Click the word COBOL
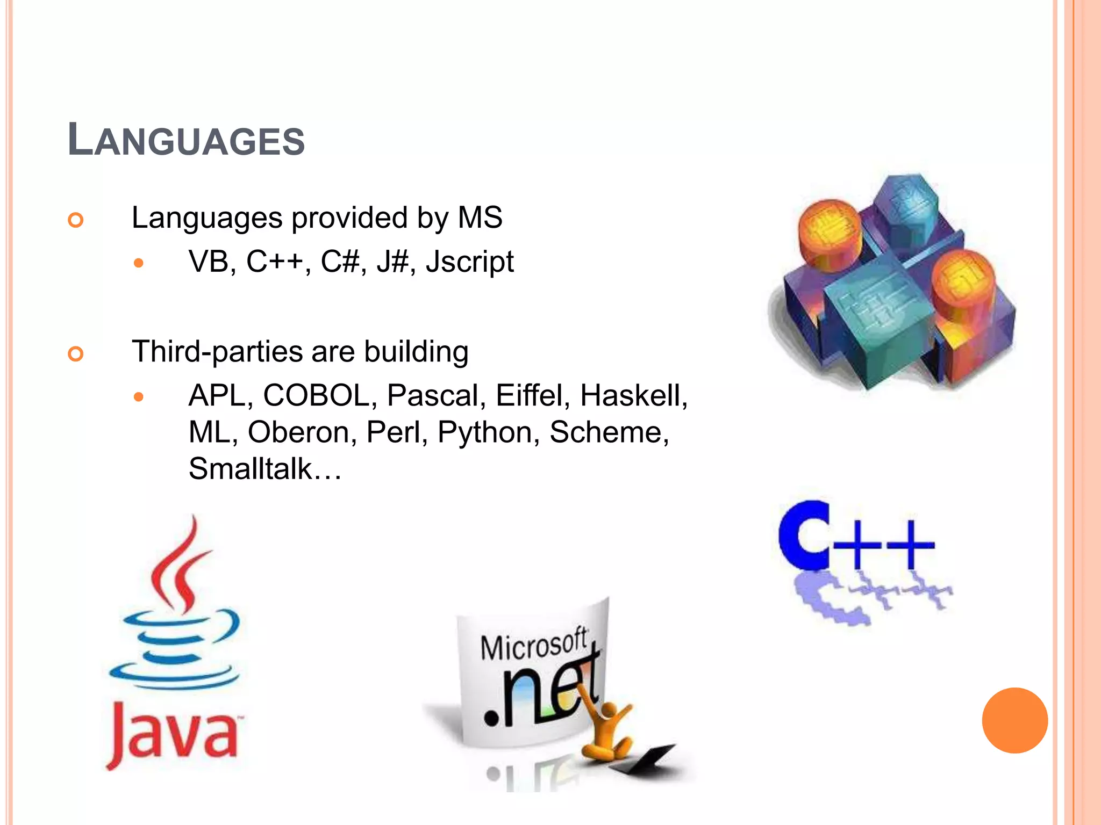pos(316,396)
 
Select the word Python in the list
pos(484,433)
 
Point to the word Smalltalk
pos(251,468)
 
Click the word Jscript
pos(469,262)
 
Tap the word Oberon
pos(298,432)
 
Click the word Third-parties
pos(217,352)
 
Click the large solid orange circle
pos(1014,720)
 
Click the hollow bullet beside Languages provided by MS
pos(76,220)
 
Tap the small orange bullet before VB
pos(139,263)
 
